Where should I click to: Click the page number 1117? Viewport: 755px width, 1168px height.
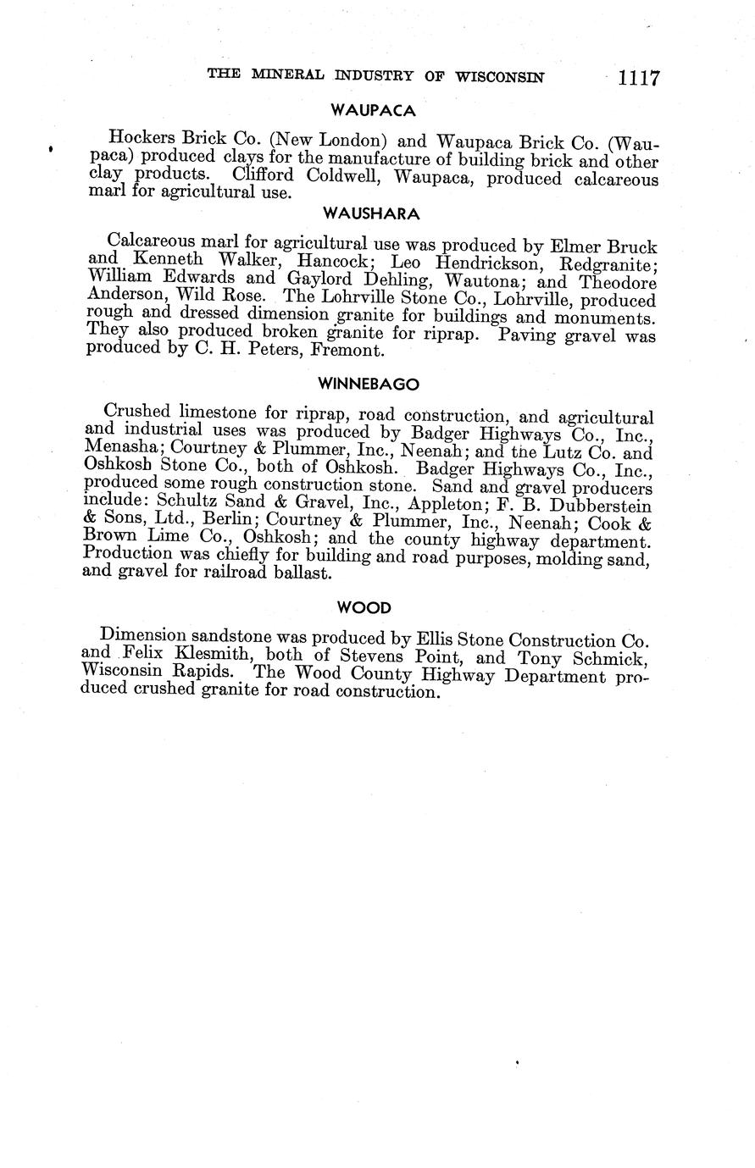point(638,78)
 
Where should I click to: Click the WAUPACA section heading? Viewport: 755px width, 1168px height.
point(372,110)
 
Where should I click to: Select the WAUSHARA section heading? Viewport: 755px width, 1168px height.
point(372,213)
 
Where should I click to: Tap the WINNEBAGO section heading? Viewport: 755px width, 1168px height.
point(369,384)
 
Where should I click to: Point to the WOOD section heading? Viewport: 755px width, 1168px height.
point(364,607)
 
